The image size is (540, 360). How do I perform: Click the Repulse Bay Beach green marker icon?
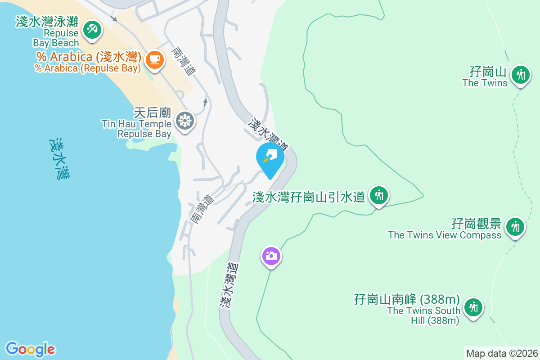click(92, 31)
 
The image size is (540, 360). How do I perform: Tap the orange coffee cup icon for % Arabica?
click(155, 59)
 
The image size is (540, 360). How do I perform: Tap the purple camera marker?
click(271, 256)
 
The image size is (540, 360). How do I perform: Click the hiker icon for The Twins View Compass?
click(515, 226)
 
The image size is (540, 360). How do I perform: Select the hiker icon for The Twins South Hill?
click(473, 308)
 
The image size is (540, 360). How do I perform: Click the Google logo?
click(30, 349)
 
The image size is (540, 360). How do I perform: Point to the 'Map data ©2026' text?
click(502, 353)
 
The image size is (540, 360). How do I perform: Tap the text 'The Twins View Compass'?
click(445, 235)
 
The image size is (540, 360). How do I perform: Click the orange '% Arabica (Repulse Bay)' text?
click(88, 68)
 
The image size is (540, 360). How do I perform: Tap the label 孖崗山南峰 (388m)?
click(407, 299)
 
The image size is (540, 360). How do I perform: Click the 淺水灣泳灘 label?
click(47, 22)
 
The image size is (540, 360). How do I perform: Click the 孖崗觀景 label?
click(476, 223)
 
